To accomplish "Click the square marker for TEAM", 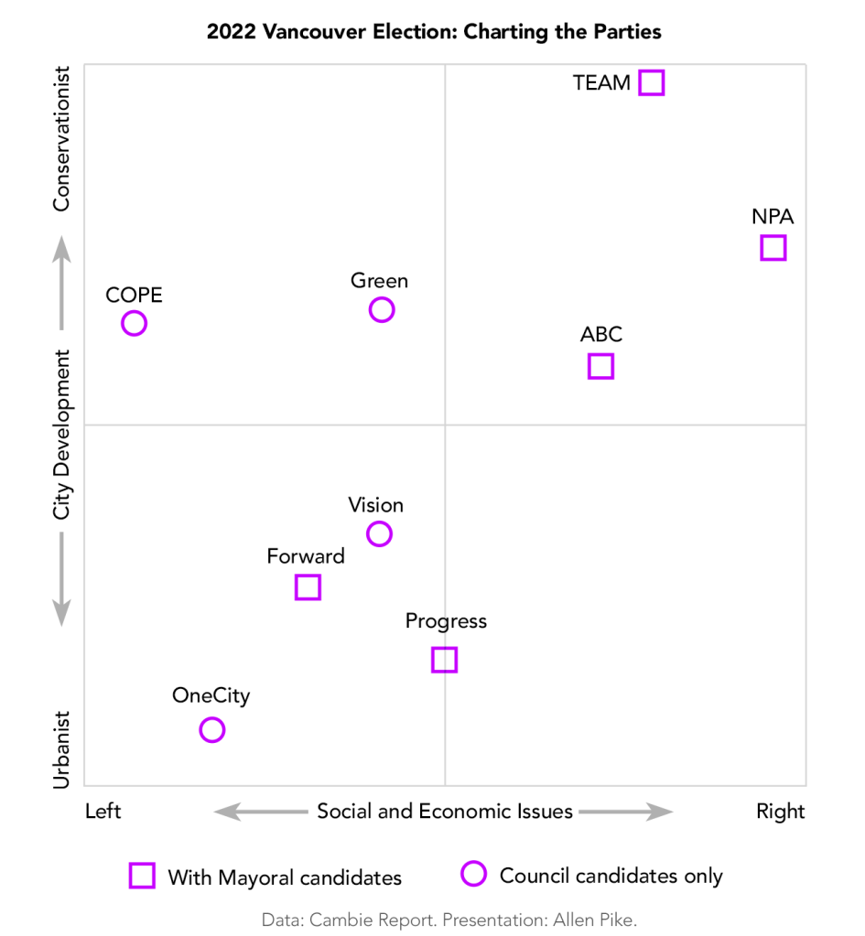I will coord(651,82).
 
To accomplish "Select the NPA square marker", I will coord(773,247).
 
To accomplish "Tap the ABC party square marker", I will coord(600,366).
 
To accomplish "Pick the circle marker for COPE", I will coord(135,323).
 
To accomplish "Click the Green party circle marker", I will coord(382,309).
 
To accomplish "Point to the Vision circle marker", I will coord(379,533).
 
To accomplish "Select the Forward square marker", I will coord(308,586).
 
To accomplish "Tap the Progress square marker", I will coord(444,659).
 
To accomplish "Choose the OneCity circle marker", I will coord(211,729).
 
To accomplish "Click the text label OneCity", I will coord(211,696).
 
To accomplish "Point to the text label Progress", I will coord(446,621).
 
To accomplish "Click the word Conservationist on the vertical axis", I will coord(61,138).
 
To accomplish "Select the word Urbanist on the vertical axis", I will coord(61,749).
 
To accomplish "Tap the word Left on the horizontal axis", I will coord(103,812).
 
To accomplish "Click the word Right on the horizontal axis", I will coord(780,812).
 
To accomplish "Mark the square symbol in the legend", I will coord(142,876).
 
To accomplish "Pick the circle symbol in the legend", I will coord(473,875).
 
